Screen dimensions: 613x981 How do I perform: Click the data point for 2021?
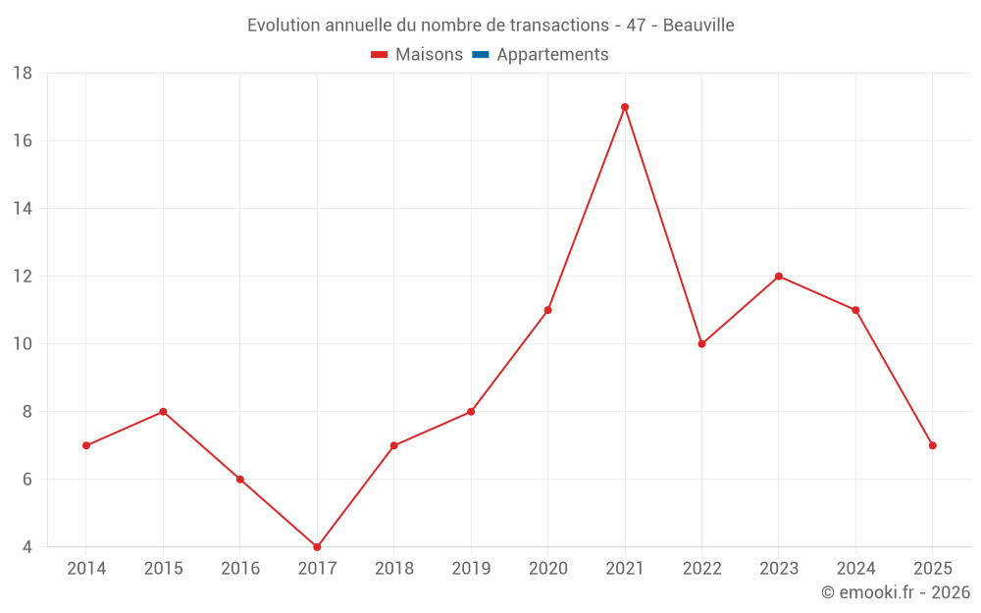click(625, 107)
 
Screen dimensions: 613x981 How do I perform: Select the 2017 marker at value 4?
click(317, 547)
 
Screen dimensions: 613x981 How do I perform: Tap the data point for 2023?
click(779, 277)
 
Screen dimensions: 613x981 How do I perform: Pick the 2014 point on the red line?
click(86, 445)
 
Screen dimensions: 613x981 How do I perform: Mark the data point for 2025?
click(933, 445)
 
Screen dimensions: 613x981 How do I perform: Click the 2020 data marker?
click(548, 310)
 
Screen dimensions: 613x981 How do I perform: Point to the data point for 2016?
click(240, 480)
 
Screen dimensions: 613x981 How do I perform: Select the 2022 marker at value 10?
click(701, 344)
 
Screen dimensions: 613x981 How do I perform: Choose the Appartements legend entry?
click(552, 55)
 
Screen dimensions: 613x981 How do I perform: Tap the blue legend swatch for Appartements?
click(480, 55)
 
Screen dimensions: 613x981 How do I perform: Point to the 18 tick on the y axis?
click(23, 74)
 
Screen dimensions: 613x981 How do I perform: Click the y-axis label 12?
click(23, 277)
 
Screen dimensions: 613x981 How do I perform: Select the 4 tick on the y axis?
click(27, 547)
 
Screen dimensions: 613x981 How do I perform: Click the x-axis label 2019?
click(471, 569)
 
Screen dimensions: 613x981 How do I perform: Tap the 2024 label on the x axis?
click(855, 569)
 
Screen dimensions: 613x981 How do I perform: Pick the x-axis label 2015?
click(163, 569)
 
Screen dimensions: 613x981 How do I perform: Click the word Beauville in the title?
click(698, 26)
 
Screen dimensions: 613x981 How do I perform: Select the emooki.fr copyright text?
click(896, 592)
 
